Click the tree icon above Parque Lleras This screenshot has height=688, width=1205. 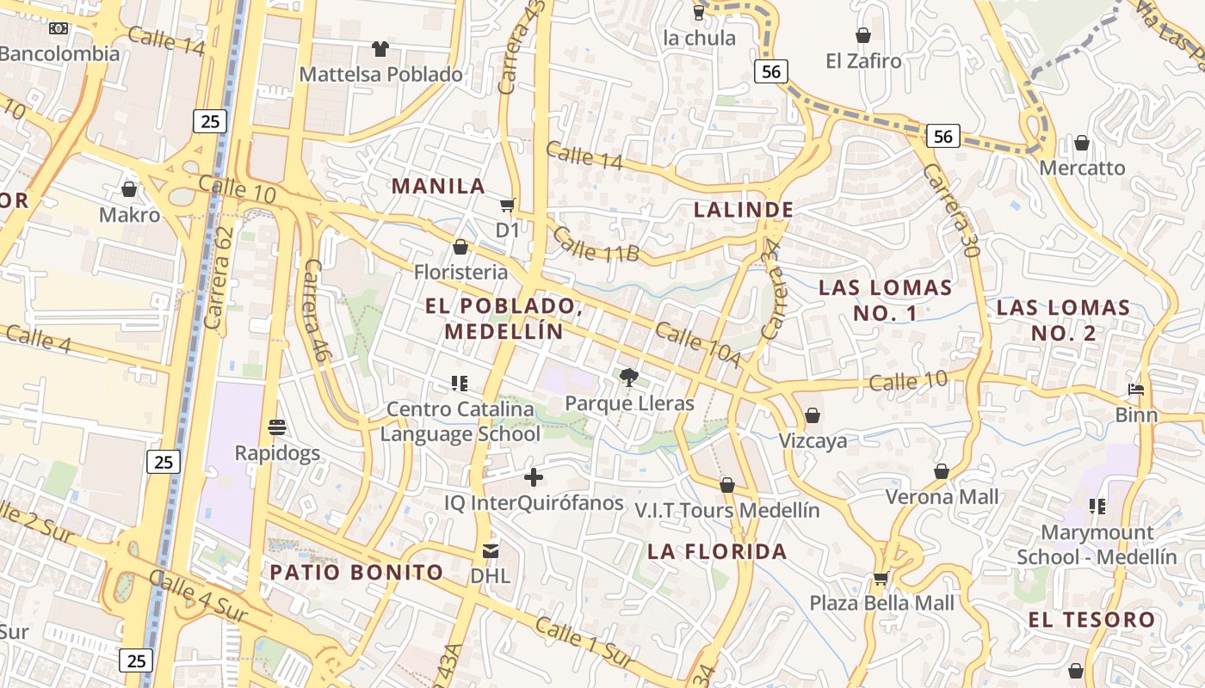pos(629,377)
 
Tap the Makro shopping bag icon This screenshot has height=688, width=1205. pos(129,189)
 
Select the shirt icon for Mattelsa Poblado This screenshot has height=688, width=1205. pos(380,49)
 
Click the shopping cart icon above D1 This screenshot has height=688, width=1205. pos(508,205)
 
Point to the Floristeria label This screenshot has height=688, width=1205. pos(460,272)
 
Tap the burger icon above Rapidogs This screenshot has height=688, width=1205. pos(277,427)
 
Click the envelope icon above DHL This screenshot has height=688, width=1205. pos(491,550)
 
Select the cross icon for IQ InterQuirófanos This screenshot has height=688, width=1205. pos(534,476)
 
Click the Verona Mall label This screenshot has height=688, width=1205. pos(942,496)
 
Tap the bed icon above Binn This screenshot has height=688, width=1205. pos(1136,390)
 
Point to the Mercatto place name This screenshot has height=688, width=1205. pos(1082,168)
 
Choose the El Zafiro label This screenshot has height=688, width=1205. pos(863,61)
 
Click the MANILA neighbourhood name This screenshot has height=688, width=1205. pos(438,186)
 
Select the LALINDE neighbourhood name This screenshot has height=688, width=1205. pos(744,209)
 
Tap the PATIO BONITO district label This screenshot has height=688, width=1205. pos(356,572)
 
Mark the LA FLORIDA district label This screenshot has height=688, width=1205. pos(717,551)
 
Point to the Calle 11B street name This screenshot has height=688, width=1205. pos(595,243)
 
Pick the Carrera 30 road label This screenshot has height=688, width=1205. pos(951,211)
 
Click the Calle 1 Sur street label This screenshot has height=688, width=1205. pos(584,641)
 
